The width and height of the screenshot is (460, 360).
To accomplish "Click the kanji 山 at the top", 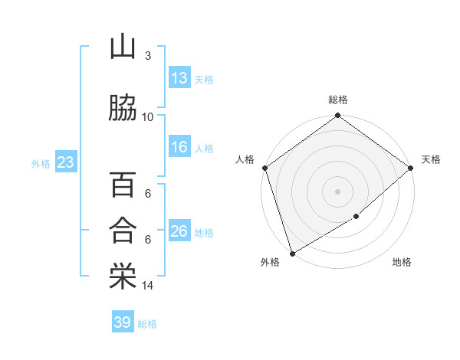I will point(123,48).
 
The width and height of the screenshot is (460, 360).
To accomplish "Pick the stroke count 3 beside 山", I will point(148,56).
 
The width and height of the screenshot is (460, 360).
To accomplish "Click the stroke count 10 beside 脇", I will point(148,116).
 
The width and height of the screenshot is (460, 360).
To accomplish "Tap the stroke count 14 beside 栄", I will point(148,286).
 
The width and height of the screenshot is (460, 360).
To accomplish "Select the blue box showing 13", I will point(179,78).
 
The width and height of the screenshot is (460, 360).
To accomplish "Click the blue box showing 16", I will point(179,148).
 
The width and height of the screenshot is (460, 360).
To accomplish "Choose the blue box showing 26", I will point(179,231).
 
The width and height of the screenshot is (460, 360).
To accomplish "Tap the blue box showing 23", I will point(65,162).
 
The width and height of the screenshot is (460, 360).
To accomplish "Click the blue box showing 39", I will point(123,322).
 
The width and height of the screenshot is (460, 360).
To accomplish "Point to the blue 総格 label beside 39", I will point(147,324).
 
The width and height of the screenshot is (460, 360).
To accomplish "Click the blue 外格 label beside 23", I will point(41,163).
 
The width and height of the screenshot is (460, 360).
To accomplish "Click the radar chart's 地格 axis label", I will point(402,263).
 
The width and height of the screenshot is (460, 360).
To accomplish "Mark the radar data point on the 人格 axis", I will point(264,168).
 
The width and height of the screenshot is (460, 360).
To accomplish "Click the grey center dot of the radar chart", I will point(337,191).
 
